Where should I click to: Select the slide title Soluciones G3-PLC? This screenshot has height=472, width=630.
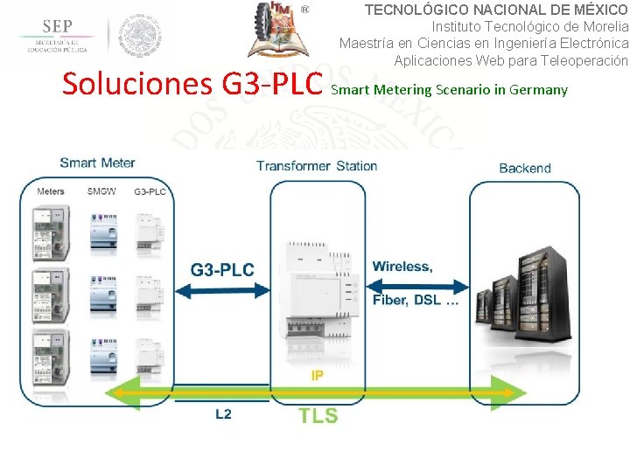193,85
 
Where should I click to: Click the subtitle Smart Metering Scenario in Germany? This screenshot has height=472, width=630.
450,89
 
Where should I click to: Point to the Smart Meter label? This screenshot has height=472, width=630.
97,163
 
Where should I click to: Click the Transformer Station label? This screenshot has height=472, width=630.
317,166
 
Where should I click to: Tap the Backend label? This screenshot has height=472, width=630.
524,168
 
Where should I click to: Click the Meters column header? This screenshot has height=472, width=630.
51,191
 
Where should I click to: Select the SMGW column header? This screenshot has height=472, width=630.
101,191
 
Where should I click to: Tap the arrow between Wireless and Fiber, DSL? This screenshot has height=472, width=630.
411,285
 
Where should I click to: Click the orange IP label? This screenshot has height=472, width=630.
317,375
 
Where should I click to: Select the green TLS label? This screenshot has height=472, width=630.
318,415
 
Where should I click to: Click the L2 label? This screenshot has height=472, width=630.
224,413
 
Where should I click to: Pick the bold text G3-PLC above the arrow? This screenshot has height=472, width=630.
222,269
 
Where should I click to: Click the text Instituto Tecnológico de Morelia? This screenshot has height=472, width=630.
530,26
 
